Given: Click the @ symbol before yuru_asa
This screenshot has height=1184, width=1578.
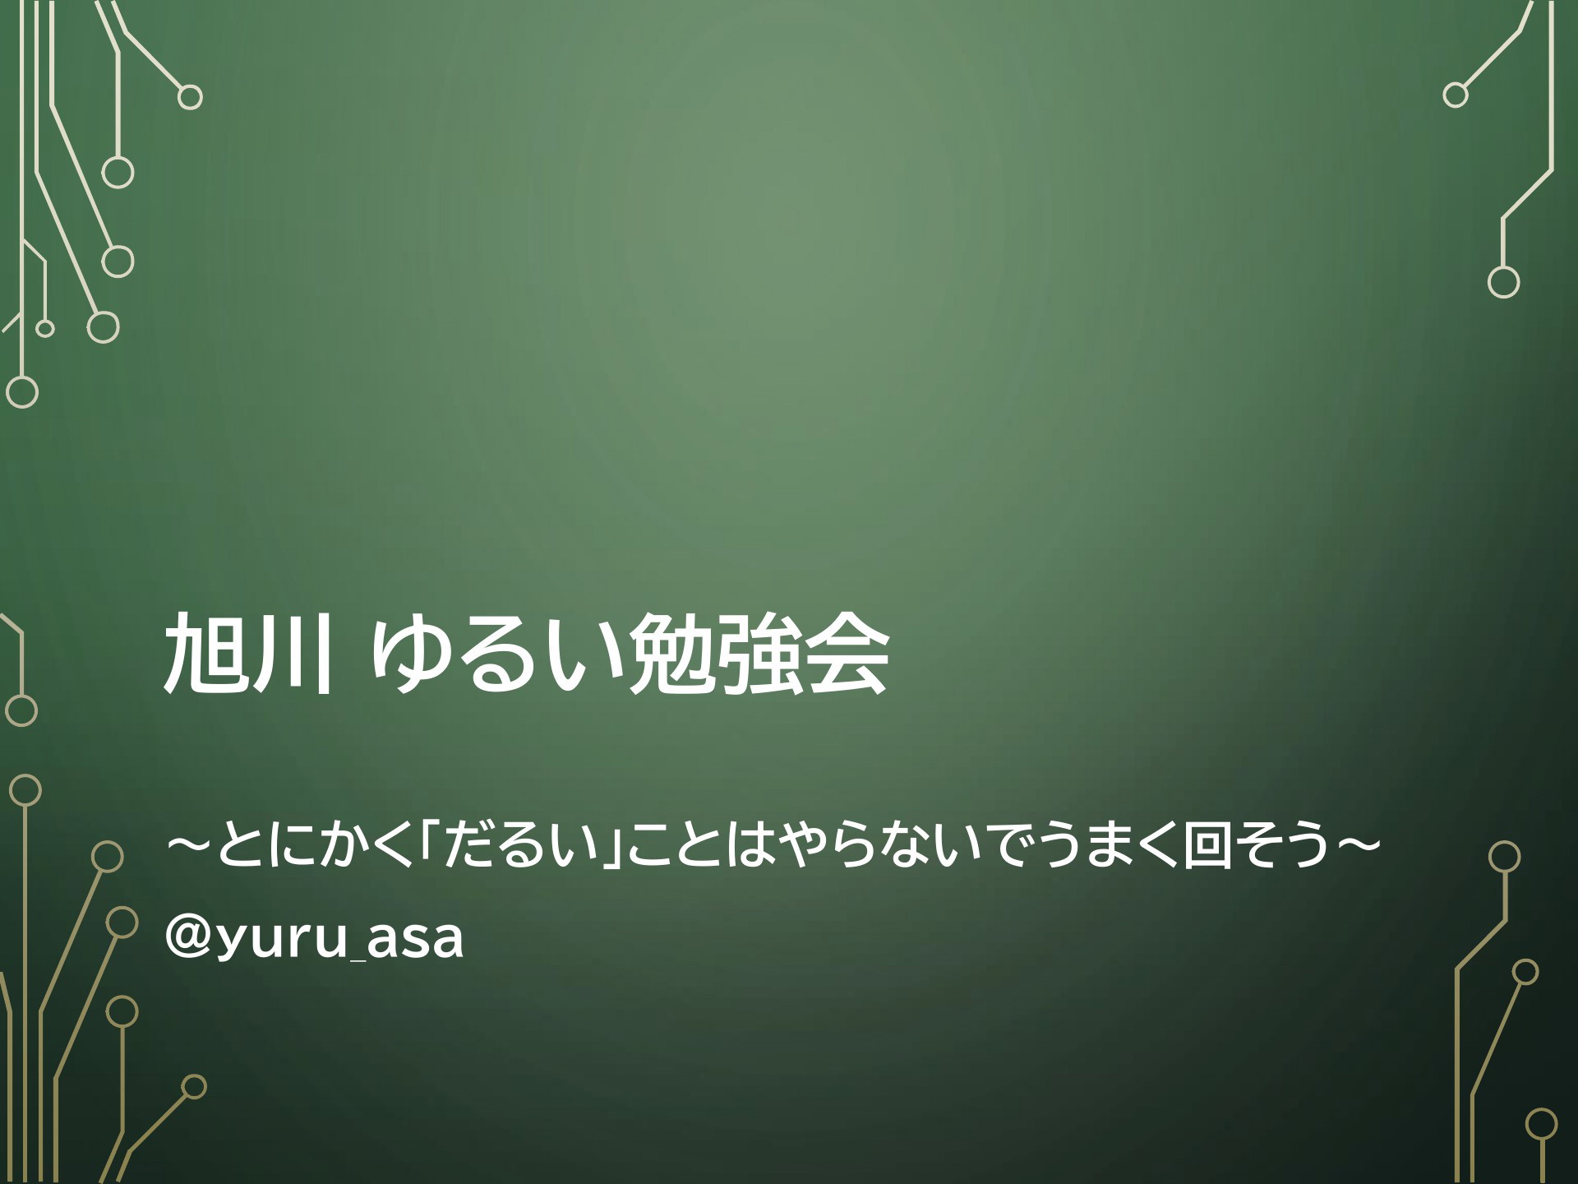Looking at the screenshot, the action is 188,940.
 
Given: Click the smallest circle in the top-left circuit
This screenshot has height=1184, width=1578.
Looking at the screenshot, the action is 45,329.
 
